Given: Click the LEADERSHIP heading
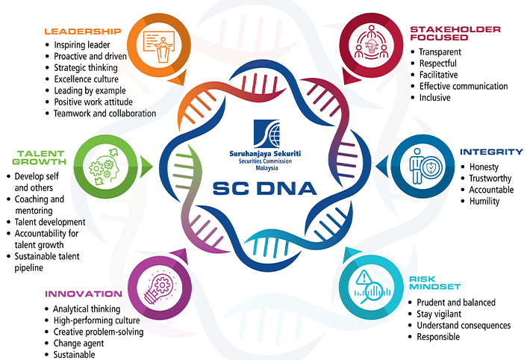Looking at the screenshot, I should (x=82, y=31).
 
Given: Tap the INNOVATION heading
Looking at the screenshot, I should (x=83, y=294).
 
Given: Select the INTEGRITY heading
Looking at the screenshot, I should (x=491, y=152).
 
